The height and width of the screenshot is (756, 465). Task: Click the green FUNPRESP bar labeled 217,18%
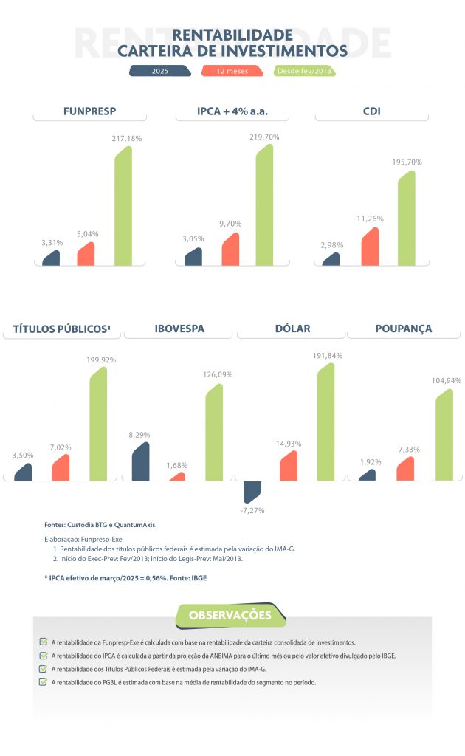[123, 207]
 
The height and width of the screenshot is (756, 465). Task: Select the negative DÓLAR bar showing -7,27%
[252, 491]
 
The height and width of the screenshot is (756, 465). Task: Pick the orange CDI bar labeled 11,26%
[370, 247]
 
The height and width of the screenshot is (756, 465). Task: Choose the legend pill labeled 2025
[159, 72]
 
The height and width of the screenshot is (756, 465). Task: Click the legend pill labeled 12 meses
[232, 72]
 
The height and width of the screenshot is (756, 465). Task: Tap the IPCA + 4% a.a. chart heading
[232, 112]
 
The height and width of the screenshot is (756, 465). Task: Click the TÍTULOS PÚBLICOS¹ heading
[62, 329]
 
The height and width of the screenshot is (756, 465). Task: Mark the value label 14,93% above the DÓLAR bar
[288, 444]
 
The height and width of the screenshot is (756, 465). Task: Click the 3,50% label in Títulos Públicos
[23, 456]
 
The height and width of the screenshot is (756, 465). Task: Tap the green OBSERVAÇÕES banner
[230, 615]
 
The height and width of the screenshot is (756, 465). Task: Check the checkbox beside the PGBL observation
[43, 682]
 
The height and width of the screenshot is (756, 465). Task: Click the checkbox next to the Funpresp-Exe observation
[43, 642]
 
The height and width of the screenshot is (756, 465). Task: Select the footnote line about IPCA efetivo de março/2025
[125, 577]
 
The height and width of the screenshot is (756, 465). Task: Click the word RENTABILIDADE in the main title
[232, 35]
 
